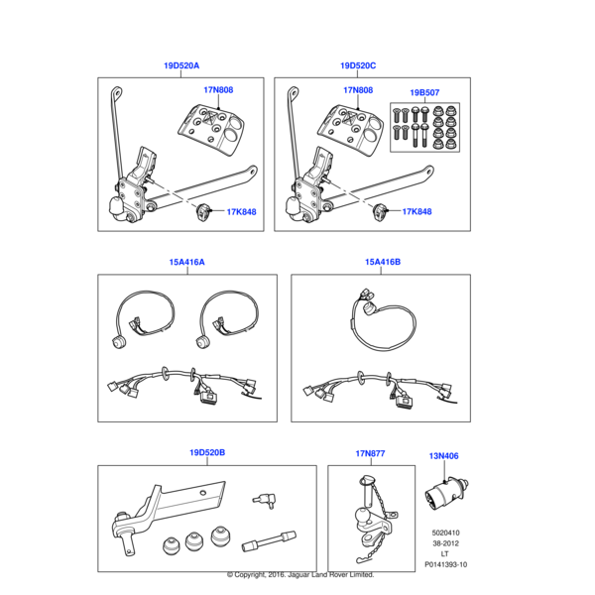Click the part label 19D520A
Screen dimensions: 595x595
181,65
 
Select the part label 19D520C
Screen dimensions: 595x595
358,65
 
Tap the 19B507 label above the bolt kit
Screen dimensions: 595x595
424,92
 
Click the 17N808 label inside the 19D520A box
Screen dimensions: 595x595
218,90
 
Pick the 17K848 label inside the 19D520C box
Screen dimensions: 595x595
416,211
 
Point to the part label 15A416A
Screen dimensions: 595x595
186,262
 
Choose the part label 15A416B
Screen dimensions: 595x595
383,262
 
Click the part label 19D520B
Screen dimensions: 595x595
207,452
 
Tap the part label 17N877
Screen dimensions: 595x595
370,453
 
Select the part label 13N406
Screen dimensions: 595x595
443,456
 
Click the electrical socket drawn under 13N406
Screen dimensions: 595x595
446,493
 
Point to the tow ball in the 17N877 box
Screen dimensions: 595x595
361,516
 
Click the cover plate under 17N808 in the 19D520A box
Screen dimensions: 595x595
211,129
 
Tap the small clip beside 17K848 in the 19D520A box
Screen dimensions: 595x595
202,212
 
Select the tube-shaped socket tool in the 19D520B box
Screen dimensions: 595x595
269,541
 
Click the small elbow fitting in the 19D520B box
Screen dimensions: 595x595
265,500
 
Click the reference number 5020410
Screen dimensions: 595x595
445,533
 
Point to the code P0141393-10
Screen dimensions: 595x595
445,564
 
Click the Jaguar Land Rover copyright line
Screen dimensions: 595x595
300,574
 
